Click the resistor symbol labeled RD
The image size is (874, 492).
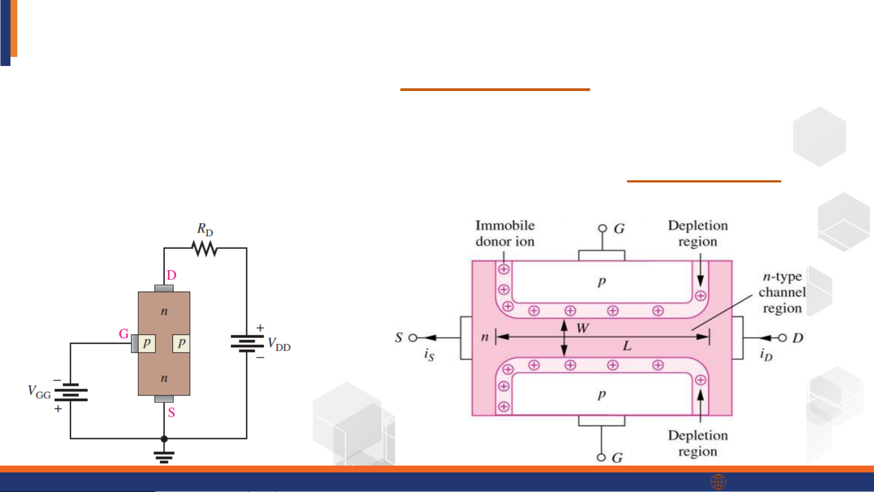(204, 249)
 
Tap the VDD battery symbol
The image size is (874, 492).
(247, 344)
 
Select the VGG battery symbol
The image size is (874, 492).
(71, 392)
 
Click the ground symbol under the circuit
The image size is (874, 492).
(164, 456)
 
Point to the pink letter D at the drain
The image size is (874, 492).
(172, 275)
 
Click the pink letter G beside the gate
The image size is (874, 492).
(123, 334)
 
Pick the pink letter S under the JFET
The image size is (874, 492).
(171, 413)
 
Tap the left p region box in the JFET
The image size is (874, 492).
(147, 343)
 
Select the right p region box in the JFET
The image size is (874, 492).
(181, 343)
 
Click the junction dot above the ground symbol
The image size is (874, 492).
(164, 439)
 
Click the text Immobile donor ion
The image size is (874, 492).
(505, 233)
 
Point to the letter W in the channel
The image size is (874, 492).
(582, 328)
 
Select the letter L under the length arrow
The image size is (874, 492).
(627, 346)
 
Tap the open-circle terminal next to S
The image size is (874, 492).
(413, 338)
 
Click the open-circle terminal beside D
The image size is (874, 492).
(782, 338)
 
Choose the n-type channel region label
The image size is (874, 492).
(782, 292)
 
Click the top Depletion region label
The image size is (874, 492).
(697, 233)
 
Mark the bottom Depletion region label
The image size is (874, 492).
(697, 443)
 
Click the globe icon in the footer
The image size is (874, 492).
(718, 482)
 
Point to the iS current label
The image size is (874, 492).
(429, 355)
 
